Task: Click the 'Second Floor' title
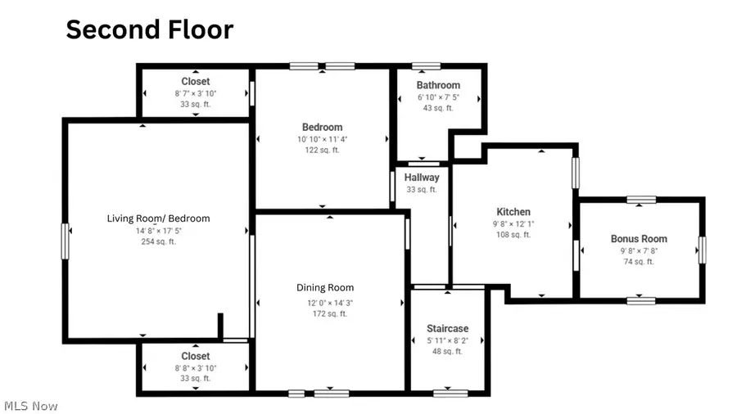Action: (149, 29)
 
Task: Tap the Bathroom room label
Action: (438, 85)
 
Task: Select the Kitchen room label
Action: (513, 212)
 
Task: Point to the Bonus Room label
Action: (639, 239)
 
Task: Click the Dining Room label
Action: (325, 287)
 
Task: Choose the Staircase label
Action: (447, 328)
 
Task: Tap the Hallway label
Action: (422, 178)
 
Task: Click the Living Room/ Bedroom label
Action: (158, 218)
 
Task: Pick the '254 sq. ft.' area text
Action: (158, 241)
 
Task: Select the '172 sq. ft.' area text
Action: (325, 313)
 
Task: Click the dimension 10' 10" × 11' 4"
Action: (322, 139)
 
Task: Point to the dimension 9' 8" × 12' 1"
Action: (513, 223)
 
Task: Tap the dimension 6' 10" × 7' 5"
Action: (438, 97)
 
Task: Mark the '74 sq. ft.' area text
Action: (639, 262)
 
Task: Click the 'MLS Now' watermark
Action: (30, 406)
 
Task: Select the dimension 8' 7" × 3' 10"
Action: (195, 93)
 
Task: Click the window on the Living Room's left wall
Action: (65, 241)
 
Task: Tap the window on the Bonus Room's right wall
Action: (702, 250)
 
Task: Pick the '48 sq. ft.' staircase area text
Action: (447, 351)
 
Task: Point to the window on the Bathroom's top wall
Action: (426, 65)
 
